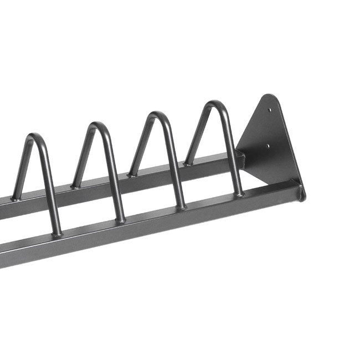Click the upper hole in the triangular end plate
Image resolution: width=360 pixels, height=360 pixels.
[x=270, y=110]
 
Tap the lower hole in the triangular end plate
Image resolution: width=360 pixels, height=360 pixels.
[x=269, y=147]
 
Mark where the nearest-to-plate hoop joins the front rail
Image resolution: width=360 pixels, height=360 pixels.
[x=239, y=193]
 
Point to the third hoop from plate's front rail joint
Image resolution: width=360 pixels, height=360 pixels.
[x=120, y=220]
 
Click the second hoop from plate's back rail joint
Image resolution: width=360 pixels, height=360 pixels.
[x=132, y=174]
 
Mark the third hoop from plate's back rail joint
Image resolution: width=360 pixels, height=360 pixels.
[x=74, y=186]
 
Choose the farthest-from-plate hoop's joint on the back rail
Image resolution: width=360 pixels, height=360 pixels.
[x=16, y=197]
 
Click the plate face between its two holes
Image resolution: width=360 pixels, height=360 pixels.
[x=269, y=128]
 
